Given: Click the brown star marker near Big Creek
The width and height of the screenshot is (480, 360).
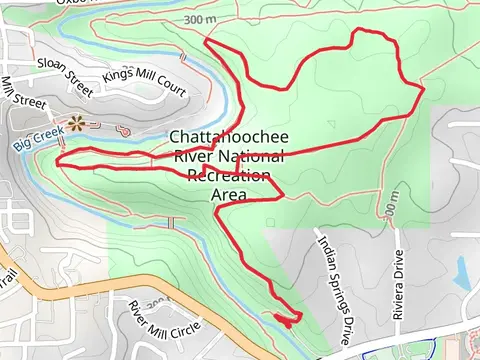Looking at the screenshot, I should [76, 124].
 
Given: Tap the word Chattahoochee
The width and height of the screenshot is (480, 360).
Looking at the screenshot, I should [227, 138].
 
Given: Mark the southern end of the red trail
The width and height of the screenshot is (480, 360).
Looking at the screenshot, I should [289, 323].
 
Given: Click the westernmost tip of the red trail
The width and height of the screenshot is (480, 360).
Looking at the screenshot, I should [58, 161].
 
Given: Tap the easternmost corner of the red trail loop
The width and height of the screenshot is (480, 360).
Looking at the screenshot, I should [424, 88].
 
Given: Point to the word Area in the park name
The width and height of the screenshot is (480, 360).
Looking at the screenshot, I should [229, 195].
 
